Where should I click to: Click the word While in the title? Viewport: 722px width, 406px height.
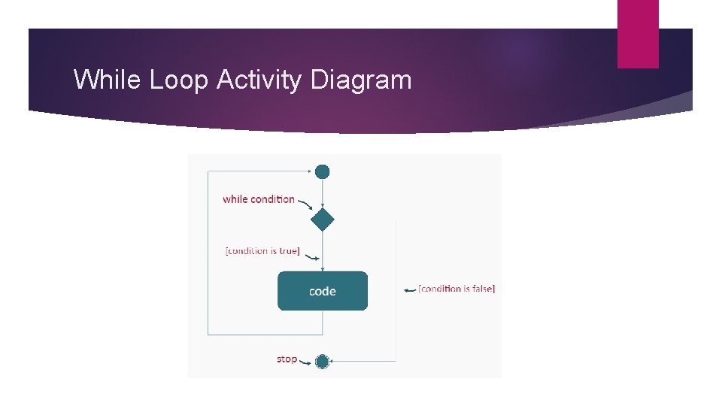pyautogui.click(x=108, y=79)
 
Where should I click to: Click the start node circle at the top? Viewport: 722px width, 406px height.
pyautogui.click(x=323, y=171)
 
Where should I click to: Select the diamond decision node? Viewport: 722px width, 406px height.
pyautogui.click(x=323, y=220)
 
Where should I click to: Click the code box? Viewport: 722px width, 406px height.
pyautogui.click(x=323, y=291)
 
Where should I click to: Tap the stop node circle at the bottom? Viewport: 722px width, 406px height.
pyautogui.click(x=323, y=362)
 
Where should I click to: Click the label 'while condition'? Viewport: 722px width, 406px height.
pyautogui.click(x=259, y=199)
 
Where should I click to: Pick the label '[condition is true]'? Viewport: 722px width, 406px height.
pyautogui.click(x=262, y=251)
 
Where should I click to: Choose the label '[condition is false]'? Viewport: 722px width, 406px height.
pyautogui.click(x=457, y=289)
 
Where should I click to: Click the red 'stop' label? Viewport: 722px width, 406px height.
pyautogui.click(x=287, y=359)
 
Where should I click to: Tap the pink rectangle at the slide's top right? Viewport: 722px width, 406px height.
pyautogui.click(x=638, y=34)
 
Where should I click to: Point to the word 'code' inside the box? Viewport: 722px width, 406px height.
pyautogui.click(x=323, y=291)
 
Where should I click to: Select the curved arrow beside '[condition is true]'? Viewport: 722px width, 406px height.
pyautogui.click(x=309, y=256)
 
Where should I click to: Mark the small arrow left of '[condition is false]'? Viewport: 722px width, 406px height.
pyautogui.click(x=410, y=289)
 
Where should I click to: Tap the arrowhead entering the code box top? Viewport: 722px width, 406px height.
pyautogui.click(x=323, y=268)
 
